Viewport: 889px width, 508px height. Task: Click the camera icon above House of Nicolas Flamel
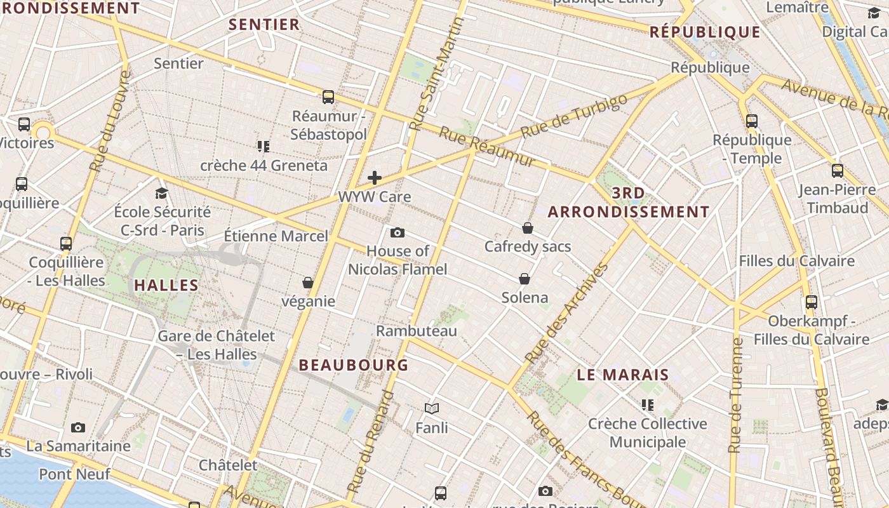pos(398,232)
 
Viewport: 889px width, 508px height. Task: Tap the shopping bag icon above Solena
pos(525,279)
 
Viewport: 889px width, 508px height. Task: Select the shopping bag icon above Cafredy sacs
pos(528,228)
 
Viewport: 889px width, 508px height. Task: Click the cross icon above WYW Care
pos(375,178)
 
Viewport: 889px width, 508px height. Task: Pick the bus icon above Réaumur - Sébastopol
pos(328,97)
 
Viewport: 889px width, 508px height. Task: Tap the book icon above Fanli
pos(432,408)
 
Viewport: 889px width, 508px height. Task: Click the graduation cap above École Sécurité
pos(162,193)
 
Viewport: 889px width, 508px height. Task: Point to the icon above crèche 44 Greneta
pos(264,147)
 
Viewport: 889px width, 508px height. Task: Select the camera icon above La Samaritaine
pos(78,427)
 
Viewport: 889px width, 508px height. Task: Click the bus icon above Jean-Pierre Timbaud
pos(838,171)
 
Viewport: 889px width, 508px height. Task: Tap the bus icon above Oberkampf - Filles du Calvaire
pos(811,302)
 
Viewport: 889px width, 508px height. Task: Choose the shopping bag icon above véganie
pos(308,283)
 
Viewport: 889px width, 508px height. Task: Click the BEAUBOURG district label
pos(354,365)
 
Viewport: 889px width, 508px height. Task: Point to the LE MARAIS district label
pos(623,375)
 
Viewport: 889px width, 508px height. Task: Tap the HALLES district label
pos(167,285)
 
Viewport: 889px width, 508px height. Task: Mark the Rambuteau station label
pos(417,331)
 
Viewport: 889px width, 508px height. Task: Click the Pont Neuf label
pos(75,474)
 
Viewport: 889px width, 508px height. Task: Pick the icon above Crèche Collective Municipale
pos(647,405)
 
